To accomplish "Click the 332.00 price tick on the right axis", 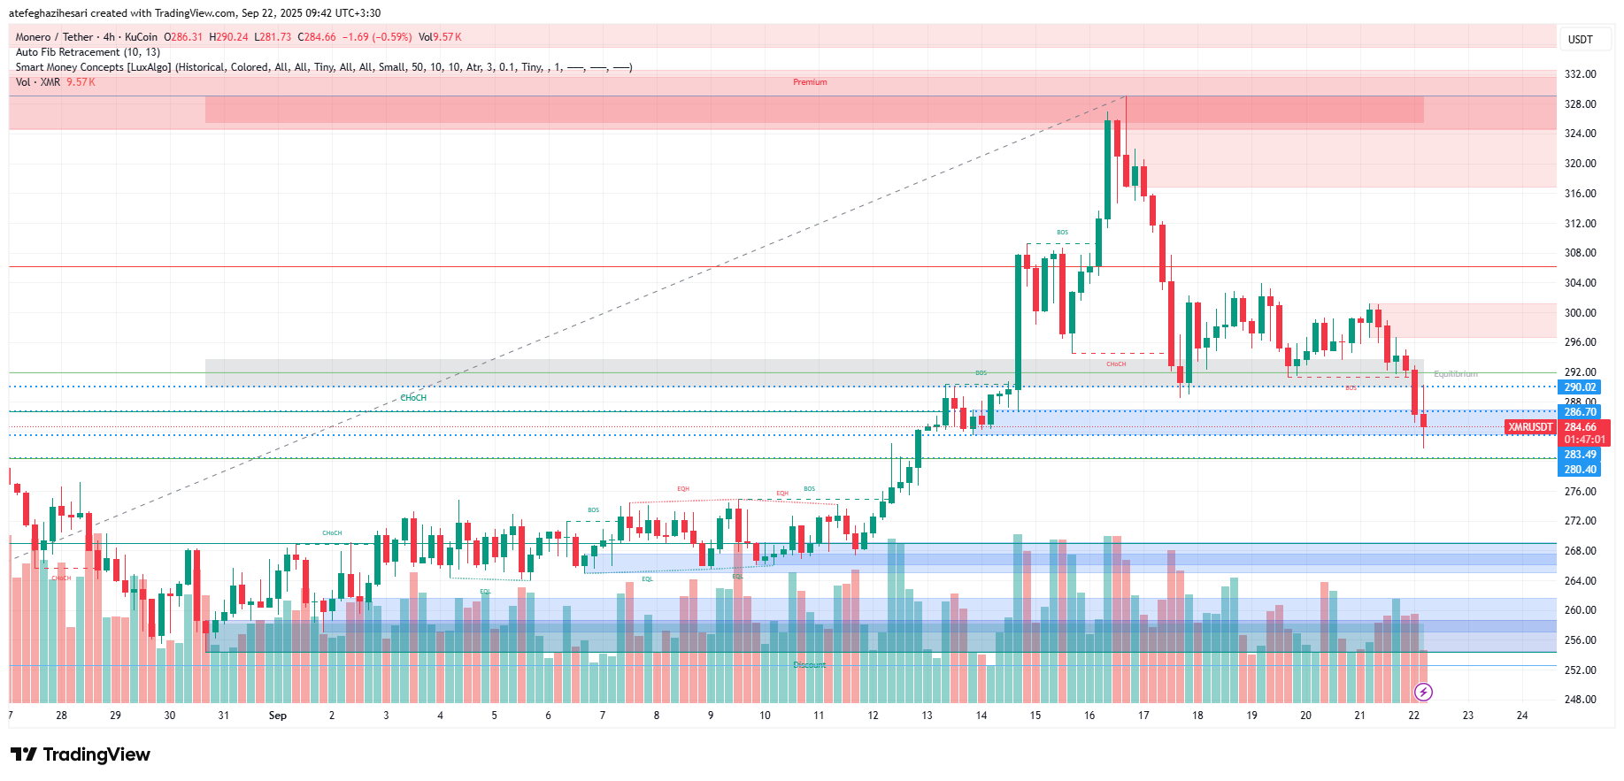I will [x=1580, y=74].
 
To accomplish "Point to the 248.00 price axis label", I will [x=1580, y=700].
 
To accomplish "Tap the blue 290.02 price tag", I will [x=1580, y=387].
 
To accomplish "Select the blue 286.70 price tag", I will [x=1580, y=412].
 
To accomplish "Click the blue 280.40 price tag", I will [x=1580, y=470].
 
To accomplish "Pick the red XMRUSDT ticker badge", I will [x=1530, y=427].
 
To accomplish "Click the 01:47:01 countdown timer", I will [x=1583, y=440].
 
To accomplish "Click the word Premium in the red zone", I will [x=810, y=82].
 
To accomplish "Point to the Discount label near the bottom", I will [x=809, y=665].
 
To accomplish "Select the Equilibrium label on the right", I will [x=1455, y=374].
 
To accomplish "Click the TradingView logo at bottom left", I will [x=81, y=754].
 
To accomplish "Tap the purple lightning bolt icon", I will [x=1423, y=692].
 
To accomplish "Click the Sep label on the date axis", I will [x=278, y=716].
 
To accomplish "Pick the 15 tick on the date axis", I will [x=1035, y=716].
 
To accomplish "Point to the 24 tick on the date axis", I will [x=1521, y=716].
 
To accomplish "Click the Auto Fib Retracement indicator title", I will [x=88, y=52].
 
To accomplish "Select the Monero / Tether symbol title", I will [x=54, y=37].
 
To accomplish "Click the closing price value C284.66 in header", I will [x=317, y=37].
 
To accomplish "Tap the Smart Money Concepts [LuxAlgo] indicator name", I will [x=93, y=67].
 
